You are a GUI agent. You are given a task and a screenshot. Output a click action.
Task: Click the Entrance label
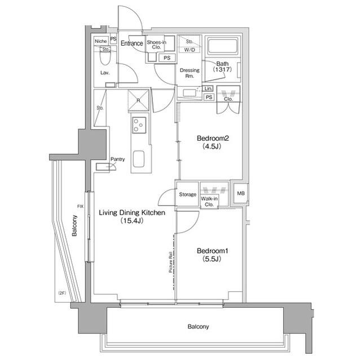(132, 43)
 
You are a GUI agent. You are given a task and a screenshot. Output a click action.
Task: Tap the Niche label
(100, 41)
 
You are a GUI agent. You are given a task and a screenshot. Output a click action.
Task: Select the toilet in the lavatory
(104, 59)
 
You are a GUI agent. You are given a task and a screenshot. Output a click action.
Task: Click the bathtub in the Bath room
(223, 47)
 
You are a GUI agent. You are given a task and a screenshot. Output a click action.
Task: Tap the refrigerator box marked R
(138, 100)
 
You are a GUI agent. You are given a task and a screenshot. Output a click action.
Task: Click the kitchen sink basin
(139, 159)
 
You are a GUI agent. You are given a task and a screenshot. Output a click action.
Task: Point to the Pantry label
(118, 159)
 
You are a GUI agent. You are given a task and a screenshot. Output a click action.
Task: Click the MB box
(241, 194)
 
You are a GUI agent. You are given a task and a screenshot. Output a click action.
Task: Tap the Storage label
(188, 195)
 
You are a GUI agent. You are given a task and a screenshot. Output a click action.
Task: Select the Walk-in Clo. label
(213, 201)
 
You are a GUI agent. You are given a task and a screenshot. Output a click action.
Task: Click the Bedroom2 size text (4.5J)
(212, 148)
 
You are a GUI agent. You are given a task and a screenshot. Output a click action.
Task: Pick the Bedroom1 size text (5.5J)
(211, 259)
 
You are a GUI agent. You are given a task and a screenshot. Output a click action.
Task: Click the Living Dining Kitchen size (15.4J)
(131, 221)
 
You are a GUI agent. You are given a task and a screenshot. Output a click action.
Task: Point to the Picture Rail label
(170, 263)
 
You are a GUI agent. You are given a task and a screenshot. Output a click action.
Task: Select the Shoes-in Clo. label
(156, 45)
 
